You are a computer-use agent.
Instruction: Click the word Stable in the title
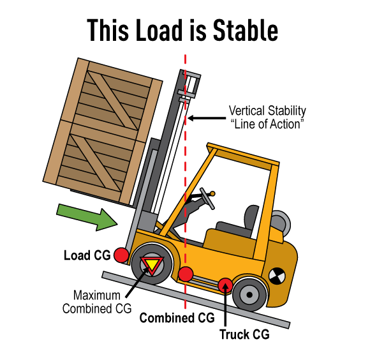click(x=246, y=30)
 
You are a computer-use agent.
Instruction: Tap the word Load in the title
click(x=159, y=30)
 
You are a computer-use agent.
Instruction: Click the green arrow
click(x=87, y=217)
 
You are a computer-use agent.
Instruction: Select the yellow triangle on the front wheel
click(x=152, y=264)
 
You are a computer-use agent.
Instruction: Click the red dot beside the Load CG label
click(x=121, y=255)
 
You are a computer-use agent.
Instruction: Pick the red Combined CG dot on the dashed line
click(x=186, y=274)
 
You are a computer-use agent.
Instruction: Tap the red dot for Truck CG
click(x=225, y=285)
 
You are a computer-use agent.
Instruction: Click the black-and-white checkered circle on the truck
click(x=277, y=276)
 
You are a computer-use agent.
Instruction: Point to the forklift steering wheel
click(x=207, y=199)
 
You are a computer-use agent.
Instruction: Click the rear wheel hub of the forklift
click(x=249, y=295)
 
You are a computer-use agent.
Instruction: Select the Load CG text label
click(x=87, y=255)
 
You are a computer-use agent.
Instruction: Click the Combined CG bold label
click(x=177, y=318)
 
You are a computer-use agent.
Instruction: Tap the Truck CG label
click(x=244, y=334)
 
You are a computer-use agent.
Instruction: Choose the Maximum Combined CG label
click(x=97, y=302)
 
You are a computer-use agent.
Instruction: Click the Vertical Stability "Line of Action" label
click(x=267, y=117)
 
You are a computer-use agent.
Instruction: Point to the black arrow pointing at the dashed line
click(x=207, y=118)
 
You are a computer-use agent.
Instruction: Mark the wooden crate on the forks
click(x=103, y=131)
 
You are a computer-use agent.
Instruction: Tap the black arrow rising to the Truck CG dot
click(x=225, y=304)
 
